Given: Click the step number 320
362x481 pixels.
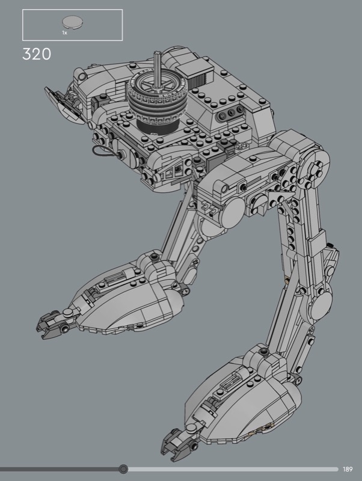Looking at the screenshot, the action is tap(37, 54).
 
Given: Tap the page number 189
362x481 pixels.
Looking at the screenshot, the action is tap(348, 469).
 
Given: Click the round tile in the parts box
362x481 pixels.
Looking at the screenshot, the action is tap(72, 22).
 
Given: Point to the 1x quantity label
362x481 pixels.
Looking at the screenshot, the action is tap(65, 32).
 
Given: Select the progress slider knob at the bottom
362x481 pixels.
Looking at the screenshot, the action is tap(123, 469).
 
